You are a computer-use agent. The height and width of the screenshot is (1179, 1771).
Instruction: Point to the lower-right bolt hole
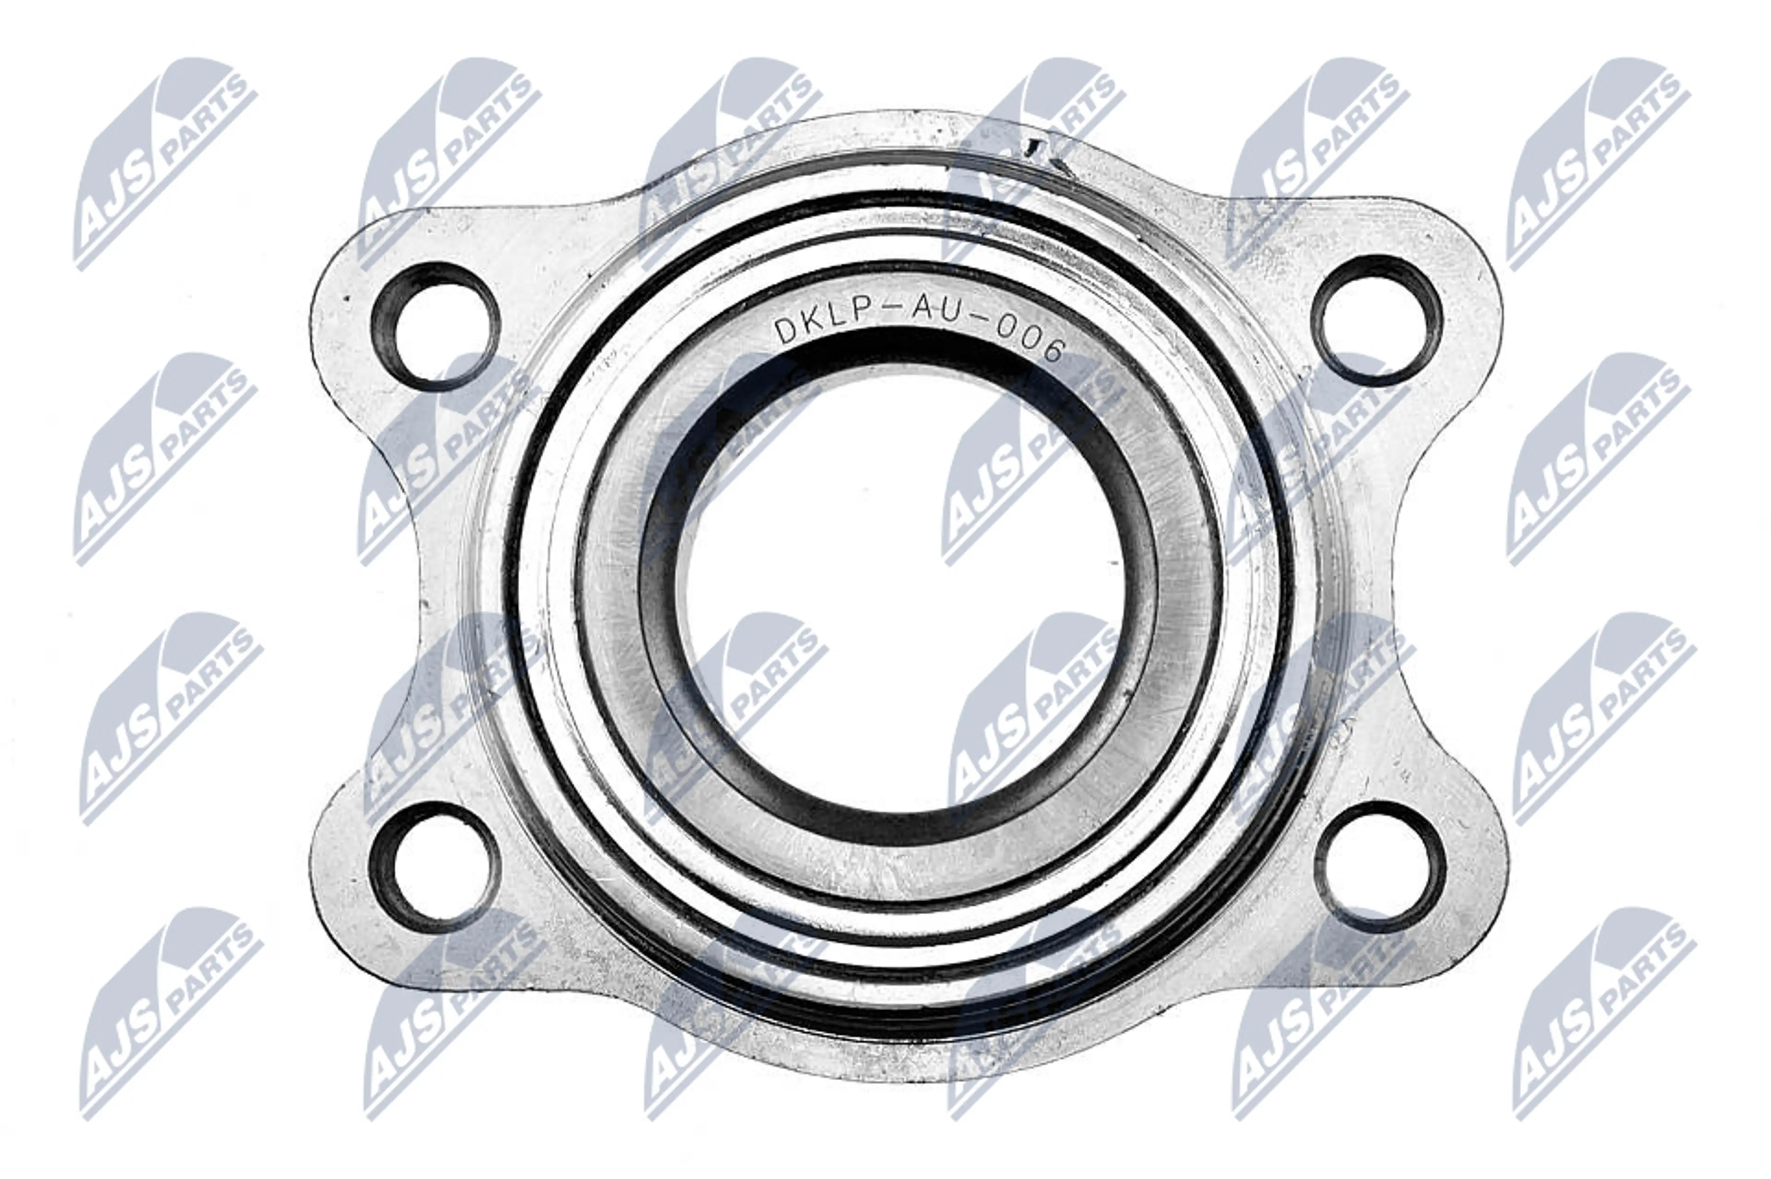[x=1384, y=867]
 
